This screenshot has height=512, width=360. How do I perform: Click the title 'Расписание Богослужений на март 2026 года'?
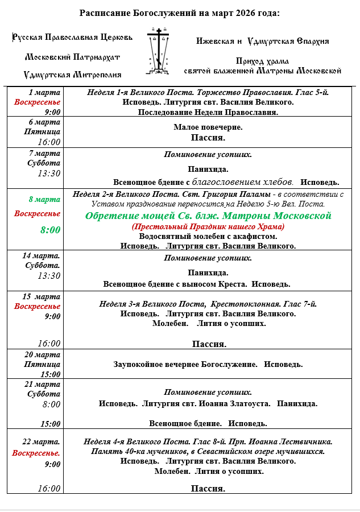[180, 13]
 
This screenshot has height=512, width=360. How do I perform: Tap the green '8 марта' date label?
[44, 199]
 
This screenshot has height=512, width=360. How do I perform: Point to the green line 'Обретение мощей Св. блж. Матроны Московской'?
[208, 216]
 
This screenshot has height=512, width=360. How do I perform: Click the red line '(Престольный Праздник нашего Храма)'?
[208, 226]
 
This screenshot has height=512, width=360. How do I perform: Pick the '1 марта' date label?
[44, 92]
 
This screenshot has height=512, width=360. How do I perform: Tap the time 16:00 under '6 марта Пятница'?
[49, 142]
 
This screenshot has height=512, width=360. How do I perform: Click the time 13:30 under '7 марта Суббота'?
[49, 174]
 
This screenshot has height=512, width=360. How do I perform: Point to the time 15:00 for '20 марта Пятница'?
[51, 374]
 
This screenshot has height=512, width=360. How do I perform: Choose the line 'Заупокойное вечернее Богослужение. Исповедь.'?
[208, 365]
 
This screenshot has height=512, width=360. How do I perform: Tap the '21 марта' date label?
[44, 384]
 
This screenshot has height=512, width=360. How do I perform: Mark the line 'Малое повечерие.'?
[208, 127]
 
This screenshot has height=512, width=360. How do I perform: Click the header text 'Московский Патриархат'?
[72, 57]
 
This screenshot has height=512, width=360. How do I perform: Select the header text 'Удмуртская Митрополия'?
[72, 75]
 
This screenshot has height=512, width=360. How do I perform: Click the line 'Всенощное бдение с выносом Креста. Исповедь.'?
[197, 284]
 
